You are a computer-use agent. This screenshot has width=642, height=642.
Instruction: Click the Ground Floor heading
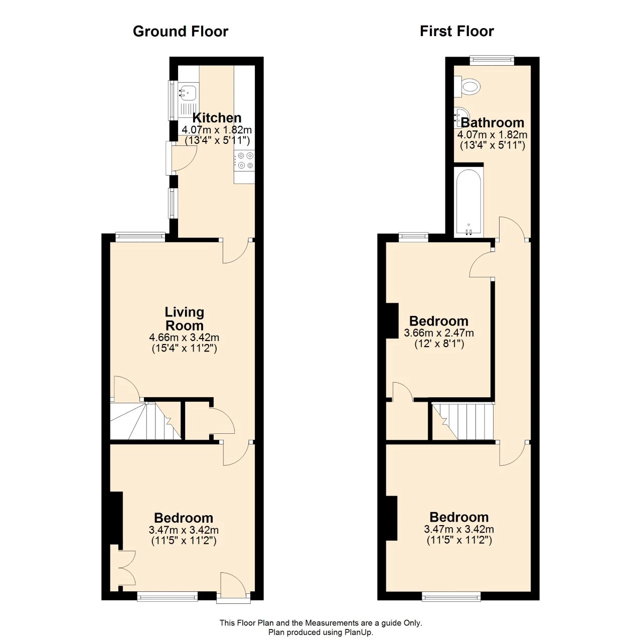click(x=180, y=32)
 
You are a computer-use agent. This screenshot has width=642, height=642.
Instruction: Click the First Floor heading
click(x=456, y=31)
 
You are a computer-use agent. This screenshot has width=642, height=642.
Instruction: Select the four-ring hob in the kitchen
click(x=245, y=160)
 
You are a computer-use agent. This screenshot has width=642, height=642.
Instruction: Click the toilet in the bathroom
click(x=468, y=86)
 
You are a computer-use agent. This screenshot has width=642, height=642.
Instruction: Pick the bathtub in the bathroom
click(x=468, y=202)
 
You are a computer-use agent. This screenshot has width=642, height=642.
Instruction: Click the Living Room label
click(x=184, y=318)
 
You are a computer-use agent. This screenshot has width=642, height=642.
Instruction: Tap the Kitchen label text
click(x=217, y=118)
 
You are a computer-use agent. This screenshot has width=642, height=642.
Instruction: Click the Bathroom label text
click(x=492, y=123)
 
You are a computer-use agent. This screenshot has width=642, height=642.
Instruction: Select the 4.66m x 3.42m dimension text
click(x=184, y=338)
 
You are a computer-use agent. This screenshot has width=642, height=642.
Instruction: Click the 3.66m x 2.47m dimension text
click(x=438, y=333)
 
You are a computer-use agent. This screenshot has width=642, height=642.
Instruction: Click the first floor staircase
click(x=464, y=420)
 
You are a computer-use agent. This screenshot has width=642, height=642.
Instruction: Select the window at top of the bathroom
click(x=492, y=60)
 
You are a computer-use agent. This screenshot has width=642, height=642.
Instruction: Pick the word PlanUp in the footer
click(x=358, y=632)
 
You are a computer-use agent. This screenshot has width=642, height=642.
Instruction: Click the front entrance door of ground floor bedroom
click(x=233, y=587)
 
